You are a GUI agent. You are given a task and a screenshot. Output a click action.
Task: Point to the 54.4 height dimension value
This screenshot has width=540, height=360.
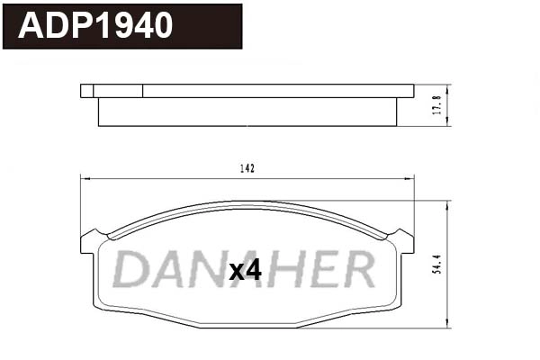tap(437, 265)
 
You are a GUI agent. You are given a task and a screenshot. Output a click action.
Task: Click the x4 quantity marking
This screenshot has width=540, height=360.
tap(244, 270)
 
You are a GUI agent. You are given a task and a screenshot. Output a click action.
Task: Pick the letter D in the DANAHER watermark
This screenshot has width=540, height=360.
tap(133, 269)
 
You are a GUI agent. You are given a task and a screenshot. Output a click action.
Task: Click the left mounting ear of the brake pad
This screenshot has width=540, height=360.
tap(92, 240)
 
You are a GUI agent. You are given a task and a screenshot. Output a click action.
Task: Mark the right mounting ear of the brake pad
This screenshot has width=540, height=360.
tap(403, 240)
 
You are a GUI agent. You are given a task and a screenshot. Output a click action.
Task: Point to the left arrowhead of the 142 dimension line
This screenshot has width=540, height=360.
tap(85, 179)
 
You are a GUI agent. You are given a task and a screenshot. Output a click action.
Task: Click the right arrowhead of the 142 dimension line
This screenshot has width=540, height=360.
tap(410, 179)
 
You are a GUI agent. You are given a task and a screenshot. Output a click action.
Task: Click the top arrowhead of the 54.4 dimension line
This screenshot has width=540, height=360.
tap(447, 203)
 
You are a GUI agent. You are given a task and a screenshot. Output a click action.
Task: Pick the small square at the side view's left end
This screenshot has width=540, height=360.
tap(86, 90)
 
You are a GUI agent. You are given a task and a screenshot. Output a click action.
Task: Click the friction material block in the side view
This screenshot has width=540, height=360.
tap(247, 112)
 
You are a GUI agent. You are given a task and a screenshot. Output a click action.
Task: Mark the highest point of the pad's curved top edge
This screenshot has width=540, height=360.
tap(247, 202)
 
